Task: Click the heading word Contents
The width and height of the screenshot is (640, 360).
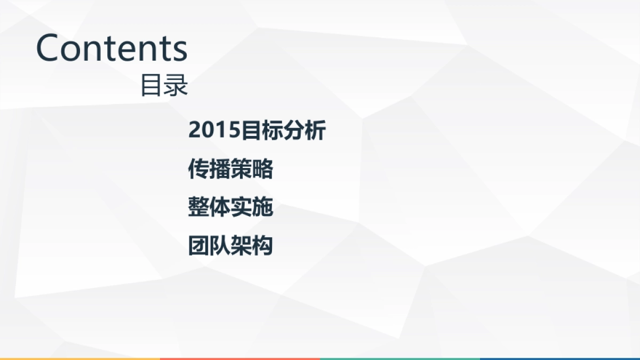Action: (x=111, y=47)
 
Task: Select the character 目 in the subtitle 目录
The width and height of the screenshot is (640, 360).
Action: (x=151, y=85)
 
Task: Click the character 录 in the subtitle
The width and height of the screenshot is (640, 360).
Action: (x=176, y=85)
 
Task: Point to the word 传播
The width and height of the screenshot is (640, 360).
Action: (x=210, y=169)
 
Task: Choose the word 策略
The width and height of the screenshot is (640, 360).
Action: (x=252, y=169)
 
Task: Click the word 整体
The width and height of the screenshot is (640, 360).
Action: (x=210, y=207)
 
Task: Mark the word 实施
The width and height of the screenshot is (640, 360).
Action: (x=252, y=207)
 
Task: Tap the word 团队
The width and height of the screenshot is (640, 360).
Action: (x=210, y=246)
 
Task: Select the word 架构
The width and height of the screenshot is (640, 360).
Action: (x=252, y=246)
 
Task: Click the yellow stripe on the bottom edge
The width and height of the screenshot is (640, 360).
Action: (x=80, y=358)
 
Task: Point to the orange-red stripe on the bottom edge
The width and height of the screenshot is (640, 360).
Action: (x=240, y=358)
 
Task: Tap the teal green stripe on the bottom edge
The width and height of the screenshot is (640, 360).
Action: (x=400, y=358)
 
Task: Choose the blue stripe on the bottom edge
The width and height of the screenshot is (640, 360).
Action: (x=560, y=358)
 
